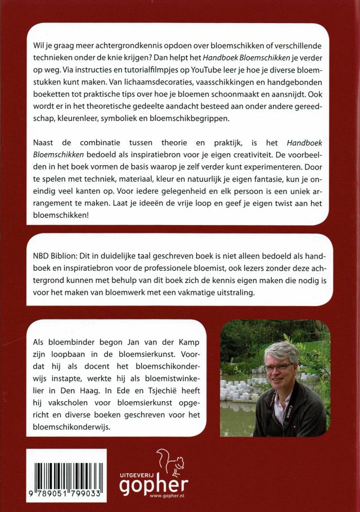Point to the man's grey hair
281,351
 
